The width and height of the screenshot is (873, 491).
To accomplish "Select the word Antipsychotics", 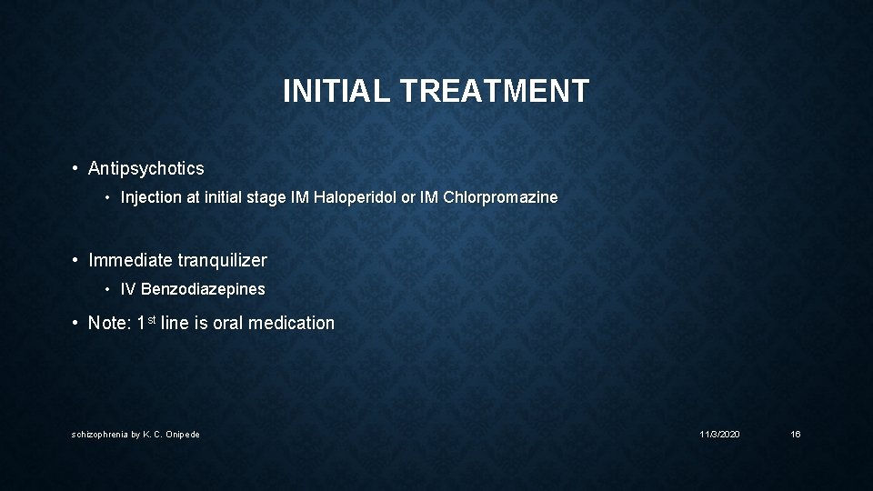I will (x=145, y=168).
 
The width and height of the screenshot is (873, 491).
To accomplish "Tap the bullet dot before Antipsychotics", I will (x=75, y=168).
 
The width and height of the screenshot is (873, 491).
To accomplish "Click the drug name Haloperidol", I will (x=356, y=197).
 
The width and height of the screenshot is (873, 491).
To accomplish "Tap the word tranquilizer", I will (x=222, y=260).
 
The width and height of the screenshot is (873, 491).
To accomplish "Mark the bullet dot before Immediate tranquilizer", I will (x=75, y=260).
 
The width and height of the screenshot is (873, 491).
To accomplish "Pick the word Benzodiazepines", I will (x=203, y=289).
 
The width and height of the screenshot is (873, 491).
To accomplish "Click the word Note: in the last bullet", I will (x=110, y=323).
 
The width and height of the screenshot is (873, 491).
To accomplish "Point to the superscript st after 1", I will (x=151, y=319).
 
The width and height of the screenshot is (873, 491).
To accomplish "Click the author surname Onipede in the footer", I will (x=183, y=435).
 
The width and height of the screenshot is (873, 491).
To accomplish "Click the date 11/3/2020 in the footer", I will (x=719, y=435).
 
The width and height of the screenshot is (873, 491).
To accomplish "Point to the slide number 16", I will (x=796, y=435).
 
